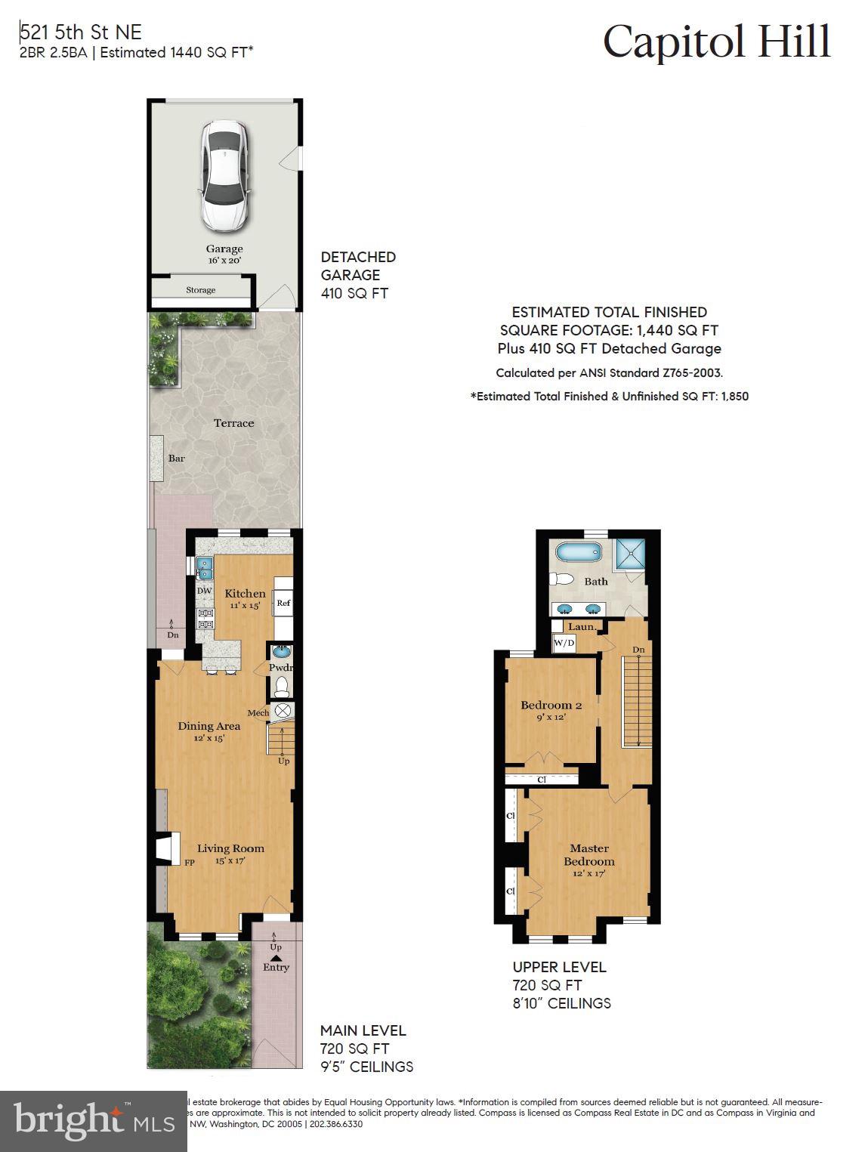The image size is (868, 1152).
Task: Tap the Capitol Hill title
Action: [x=716, y=42]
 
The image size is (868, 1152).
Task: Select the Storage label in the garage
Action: [x=201, y=290]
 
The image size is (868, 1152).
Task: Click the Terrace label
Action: [x=233, y=423]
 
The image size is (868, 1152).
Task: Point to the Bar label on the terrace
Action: [x=176, y=459]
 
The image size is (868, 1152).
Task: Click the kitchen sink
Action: [x=205, y=567]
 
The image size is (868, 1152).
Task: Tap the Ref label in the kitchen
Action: [x=283, y=603]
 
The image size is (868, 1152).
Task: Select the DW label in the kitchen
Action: [x=204, y=591]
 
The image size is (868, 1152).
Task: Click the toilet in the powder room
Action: [x=282, y=686]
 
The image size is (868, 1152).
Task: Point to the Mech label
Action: [x=258, y=712]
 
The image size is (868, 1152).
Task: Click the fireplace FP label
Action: [x=190, y=861]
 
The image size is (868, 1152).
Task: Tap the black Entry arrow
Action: [x=276, y=958]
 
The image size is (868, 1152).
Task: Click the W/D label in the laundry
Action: [x=564, y=643]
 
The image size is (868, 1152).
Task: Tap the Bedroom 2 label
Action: [x=551, y=706]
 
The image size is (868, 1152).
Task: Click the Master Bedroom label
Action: [x=588, y=854]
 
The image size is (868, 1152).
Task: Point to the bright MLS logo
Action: [x=94, y=1120]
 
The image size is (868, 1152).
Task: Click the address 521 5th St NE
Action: [x=80, y=32]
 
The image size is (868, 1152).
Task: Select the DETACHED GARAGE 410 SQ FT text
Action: [x=358, y=275]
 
